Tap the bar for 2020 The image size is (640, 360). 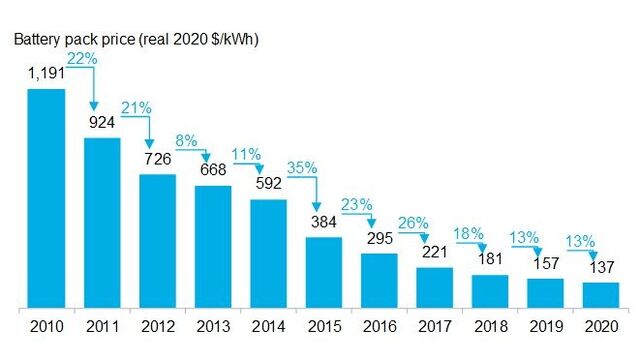[601, 296]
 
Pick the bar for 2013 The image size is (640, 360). [212, 247]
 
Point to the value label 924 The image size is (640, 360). [102, 123]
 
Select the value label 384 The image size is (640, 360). [324, 222]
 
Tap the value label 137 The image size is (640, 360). [601, 267]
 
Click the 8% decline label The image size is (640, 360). [189, 142]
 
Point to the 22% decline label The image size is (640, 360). [81, 59]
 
